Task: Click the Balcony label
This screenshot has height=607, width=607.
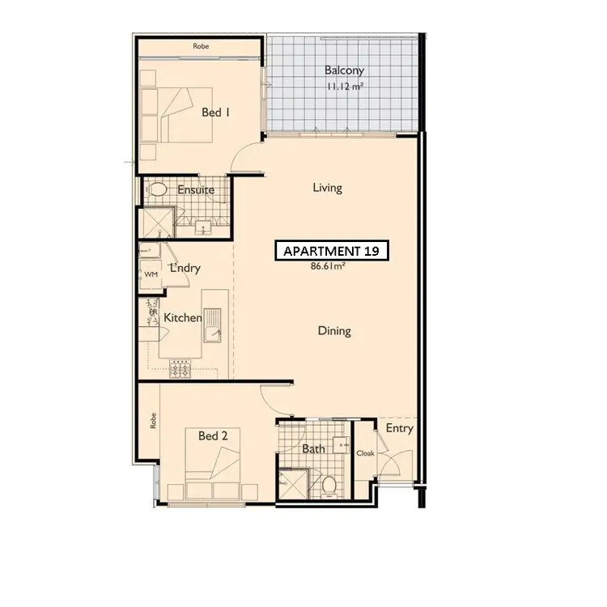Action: (x=344, y=70)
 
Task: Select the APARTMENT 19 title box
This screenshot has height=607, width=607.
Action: (x=332, y=252)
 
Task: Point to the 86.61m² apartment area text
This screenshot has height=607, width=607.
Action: (x=329, y=265)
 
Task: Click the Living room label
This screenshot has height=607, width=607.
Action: (x=327, y=188)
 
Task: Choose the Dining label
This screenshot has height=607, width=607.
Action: (x=333, y=330)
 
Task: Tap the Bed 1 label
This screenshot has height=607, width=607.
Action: (x=216, y=112)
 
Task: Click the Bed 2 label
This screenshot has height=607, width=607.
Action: (x=213, y=436)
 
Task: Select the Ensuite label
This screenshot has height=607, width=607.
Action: (x=196, y=190)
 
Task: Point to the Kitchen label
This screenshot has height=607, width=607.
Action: (x=183, y=318)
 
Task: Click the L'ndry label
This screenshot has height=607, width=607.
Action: (x=184, y=268)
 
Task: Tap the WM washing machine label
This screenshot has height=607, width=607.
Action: (x=151, y=275)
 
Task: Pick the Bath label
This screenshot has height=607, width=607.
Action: (x=313, y=449)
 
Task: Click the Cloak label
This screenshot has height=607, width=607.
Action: (x=366, y=453)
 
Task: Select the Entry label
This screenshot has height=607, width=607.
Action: (x=400, y=428)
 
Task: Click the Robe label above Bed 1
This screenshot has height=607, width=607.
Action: (x=200, y=46)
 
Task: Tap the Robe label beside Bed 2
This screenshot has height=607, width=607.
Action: (x=151, y=421)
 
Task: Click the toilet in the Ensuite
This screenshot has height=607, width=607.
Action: (x=159, y=191)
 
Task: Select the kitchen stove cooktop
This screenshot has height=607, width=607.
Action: (x=180, y=370)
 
